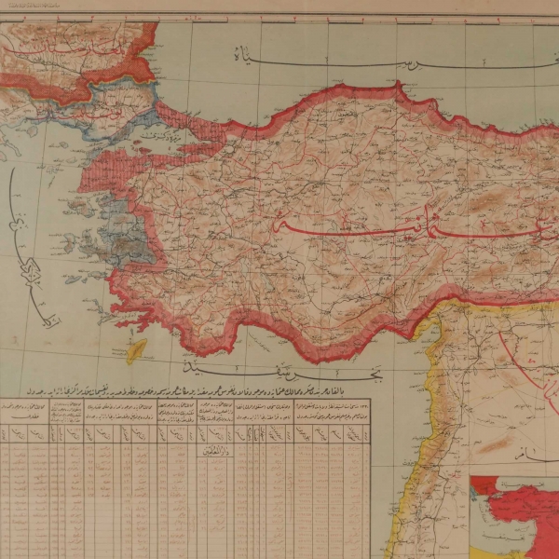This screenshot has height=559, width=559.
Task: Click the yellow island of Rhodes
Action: [137, 350]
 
